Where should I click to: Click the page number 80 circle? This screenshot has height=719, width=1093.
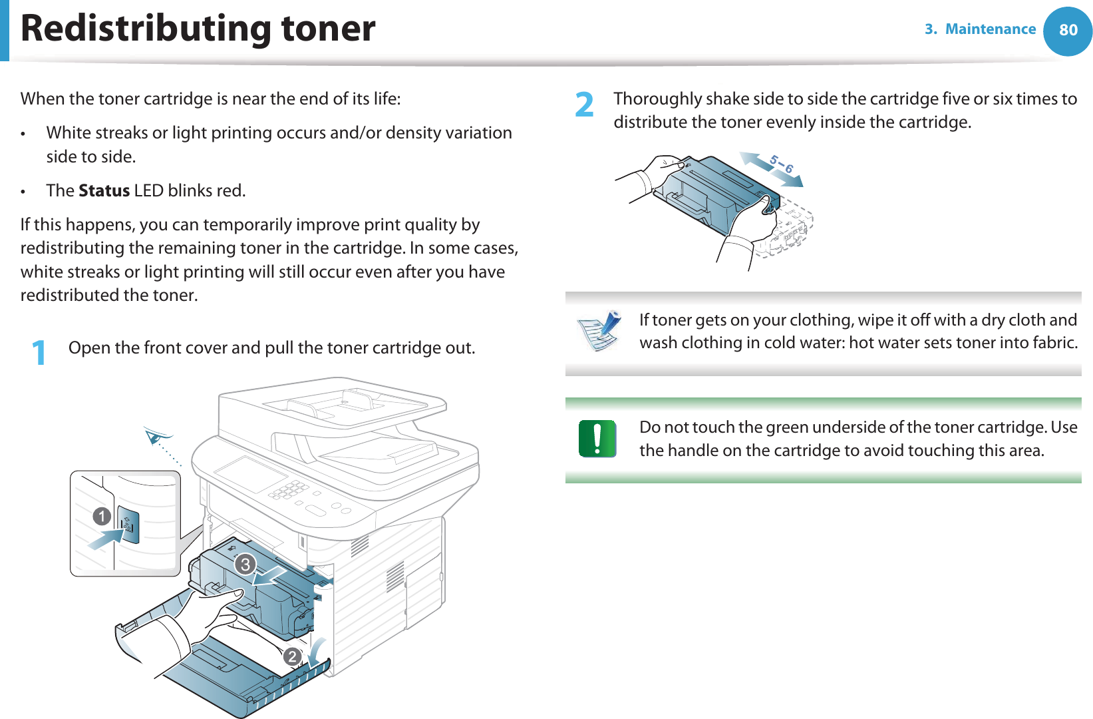click(x=1068, y=30)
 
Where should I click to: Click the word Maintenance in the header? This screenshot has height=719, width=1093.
click(x=990, y=29)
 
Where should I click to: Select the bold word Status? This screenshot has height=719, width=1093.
click(x=104, y=190)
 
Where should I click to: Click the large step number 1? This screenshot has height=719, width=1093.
click(x=39, y=352)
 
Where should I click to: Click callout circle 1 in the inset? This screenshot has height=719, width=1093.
click(x=102, y=516)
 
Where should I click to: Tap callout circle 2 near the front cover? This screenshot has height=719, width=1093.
click(x=291, y=657)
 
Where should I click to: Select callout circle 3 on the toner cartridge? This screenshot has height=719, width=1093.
click(x=245, y=565)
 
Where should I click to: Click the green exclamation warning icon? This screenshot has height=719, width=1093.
click(x=597, y=439)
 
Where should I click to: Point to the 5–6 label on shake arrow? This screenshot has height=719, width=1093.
click(x=781, y=164)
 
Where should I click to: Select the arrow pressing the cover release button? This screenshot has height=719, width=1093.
click(x=106, y=538)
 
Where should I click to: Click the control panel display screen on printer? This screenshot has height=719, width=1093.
click(x=250, y=474)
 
